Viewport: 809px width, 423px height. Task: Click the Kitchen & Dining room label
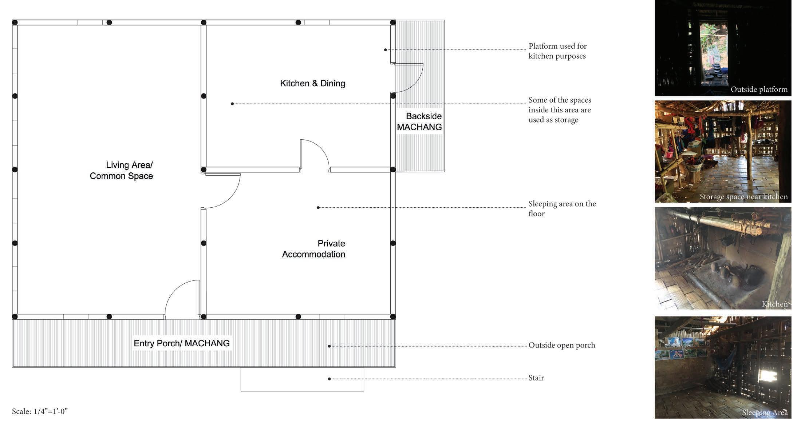[x=312, y=83]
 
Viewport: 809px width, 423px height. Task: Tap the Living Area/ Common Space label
[x=121, y=171]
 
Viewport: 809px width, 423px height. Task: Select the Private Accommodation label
[x=313, y=249]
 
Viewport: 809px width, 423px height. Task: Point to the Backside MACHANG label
[x=419, y=121]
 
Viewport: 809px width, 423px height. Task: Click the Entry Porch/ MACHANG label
[x=181, y=343]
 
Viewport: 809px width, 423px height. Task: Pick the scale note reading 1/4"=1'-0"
[x=40, y=411]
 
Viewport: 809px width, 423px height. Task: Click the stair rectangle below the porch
[x=302, y=379]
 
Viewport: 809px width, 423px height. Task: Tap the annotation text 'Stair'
[x=536, y=378]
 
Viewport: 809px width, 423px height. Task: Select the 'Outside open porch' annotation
[x=561, y=345]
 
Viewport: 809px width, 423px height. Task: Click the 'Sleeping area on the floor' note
[x=562, y=209]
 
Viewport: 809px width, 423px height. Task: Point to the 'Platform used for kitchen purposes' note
[x=557, y=51]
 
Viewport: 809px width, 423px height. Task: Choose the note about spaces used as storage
[x=560, y=110]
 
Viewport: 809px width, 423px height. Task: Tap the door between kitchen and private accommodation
[x=314, y=155]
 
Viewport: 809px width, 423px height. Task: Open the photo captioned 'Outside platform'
[x=723, y=48]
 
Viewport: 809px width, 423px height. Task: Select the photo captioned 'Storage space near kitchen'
[x=723, y=151]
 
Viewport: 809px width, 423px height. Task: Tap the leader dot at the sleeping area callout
[x=318, y=208]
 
